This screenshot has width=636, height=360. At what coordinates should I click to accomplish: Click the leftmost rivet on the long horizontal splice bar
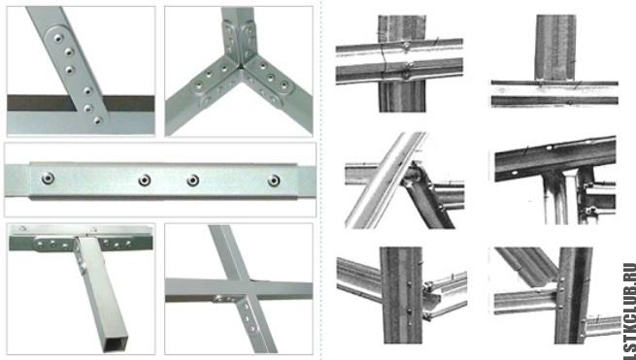tap(48, 178)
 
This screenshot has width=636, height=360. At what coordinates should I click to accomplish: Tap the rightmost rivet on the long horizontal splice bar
tap(274, 180)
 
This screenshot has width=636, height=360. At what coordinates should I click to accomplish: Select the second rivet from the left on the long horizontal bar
tap(145, 180)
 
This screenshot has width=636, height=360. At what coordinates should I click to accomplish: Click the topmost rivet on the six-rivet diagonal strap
tap(58, 38)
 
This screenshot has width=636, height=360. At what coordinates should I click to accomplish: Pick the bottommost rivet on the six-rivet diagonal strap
tap(98, 120)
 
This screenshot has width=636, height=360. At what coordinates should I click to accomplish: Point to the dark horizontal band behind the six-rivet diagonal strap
tap(81, 103)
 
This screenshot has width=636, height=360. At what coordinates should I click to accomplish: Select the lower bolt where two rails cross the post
tap(406, 74)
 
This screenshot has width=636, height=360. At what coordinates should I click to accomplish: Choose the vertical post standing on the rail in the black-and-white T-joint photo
tap(554, 48)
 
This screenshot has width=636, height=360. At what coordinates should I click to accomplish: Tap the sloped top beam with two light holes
tap(555, 156)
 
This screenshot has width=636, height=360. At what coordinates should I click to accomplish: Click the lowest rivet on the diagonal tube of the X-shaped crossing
tap(252, 328)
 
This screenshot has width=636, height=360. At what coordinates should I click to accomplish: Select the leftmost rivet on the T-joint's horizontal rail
tap(40, 245)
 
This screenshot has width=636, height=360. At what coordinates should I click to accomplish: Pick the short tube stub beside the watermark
tap(601, 326)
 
